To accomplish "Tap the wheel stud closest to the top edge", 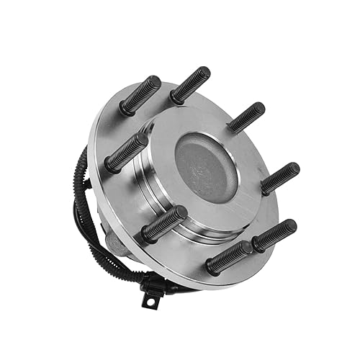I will pyautogui.click(x=190, y=85).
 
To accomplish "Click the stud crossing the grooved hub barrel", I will pyautogui.click(x=163, y=223).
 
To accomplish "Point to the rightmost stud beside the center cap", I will pyautogui.click(x=280, y=178).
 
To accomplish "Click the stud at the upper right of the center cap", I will pyautogui.click(x=246, y=117).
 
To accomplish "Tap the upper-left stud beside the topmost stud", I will pyautogui.click(x=140, y=95).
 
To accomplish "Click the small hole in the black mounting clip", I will pyautogui.click(x=151, y=302).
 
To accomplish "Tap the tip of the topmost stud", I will pyautogui.click(x=204, y=72).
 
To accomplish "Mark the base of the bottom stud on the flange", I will pyautogui.click(x=213, y=266).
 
